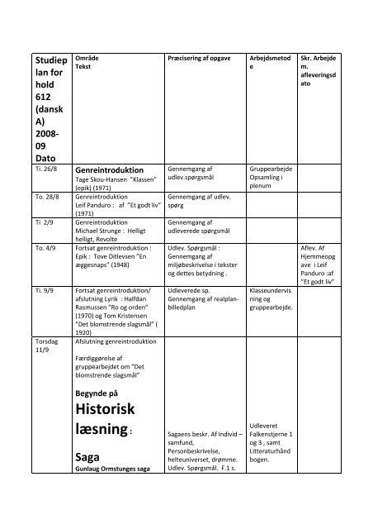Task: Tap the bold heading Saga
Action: point(87,456)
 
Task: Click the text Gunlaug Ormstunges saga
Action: point(111,469)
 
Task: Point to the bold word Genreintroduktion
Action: point(110,166)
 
